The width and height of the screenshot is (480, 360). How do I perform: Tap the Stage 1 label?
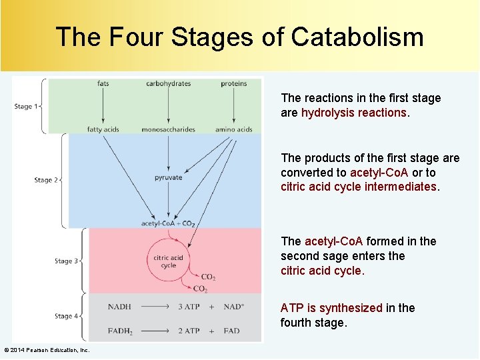(x=26, y=107)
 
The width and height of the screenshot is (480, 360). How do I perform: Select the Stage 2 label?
(x=46, y=180)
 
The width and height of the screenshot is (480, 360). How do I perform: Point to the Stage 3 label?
(x=66, y=261)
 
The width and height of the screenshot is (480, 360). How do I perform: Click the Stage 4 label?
(x=66, y=316)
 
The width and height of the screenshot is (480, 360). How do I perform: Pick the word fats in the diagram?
(x=103, y=84)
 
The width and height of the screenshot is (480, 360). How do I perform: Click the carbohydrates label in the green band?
(x=168, y=84)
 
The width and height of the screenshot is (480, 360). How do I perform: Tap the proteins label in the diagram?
(x=233, y=84)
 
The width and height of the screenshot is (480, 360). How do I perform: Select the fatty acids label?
(x=103, y=129)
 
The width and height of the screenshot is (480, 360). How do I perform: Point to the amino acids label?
(x=233, y=129)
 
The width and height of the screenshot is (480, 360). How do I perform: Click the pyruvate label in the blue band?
(x=168, y=178)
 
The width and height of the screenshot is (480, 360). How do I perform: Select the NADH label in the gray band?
(x=119, y=307)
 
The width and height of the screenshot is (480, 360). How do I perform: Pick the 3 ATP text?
(x=188, y=307)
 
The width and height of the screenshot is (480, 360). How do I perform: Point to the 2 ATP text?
(x=188, y=331)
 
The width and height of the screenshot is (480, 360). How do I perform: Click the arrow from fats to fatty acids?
(x=103, y=107)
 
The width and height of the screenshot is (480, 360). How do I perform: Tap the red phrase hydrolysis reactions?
(x=353, y=113)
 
